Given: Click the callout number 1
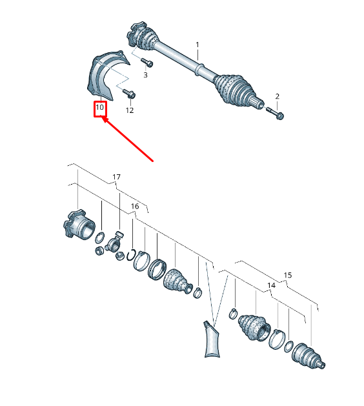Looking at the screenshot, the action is (x=197, y=45).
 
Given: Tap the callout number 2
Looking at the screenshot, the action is (x=278, y=96).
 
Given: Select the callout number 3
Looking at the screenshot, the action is (x=145, y=75).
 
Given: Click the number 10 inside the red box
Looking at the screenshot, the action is (x=99, y=107).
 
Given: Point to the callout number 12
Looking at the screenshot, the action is (x=130, y=110).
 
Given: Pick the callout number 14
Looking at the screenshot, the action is (x=271, y=285).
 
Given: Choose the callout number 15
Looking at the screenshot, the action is (x=288, y=275).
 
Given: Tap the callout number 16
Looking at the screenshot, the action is (x=135, y=206).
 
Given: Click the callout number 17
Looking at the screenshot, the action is (x=117, y=177).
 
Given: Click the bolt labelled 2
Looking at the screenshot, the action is (x=275, y=113).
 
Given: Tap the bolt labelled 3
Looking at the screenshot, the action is (x=147, y=62).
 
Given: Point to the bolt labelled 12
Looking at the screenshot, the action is (x=129, y=94).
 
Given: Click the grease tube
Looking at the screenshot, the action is (x=212, y=340).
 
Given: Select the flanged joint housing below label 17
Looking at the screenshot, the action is (x=79, y=225).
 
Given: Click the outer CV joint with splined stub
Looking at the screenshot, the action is (x=308, y=356).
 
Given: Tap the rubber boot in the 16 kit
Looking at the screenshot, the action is (x=177, y=281).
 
